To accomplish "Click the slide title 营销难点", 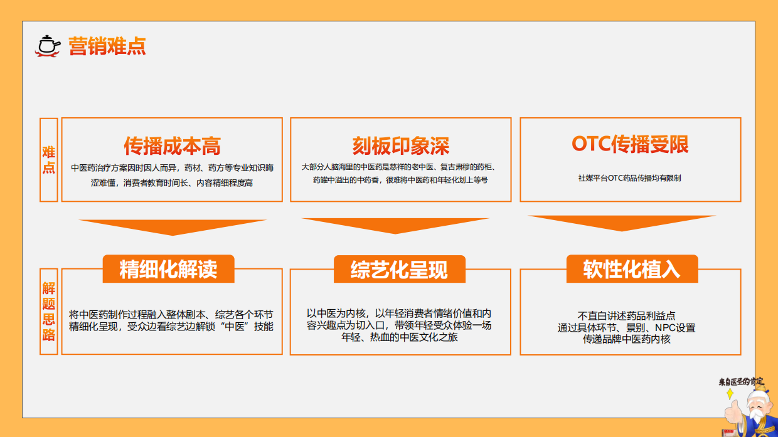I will tap(107, 46).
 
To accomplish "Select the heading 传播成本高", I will tap(172, 145).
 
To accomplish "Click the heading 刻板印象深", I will tap(400, 145).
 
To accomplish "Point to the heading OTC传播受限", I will tap(630, 144).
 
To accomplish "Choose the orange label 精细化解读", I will tap(168, 269).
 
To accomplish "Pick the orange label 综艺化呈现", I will tap(399, 270).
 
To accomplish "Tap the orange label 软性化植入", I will tap(631, 269).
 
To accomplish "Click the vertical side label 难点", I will tap(49, 160).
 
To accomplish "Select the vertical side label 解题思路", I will tap(49, 311).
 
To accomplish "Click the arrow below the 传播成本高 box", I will tap(172, 226).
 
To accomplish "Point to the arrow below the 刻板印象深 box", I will tap(395, 225).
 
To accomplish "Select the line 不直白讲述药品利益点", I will tap(626, 316).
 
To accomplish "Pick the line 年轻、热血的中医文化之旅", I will tap(399, 337).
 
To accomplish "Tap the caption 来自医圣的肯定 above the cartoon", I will tap(741, 381).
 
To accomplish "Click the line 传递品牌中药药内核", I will tap(626, 339).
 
